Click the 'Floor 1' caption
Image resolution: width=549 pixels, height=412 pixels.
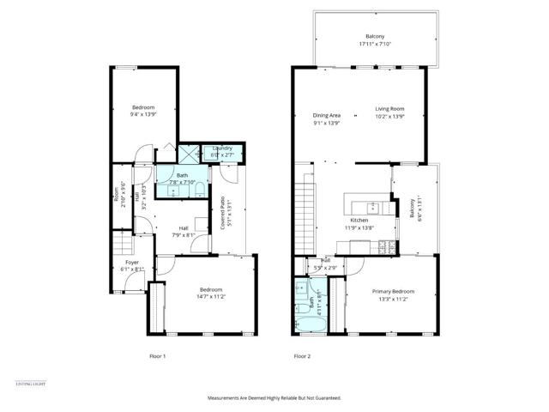pos(157,355)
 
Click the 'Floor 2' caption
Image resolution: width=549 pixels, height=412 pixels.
pos(302,355)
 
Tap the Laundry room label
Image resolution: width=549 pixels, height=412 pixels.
pos(222,148)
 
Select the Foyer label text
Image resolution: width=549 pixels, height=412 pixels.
pos(132,262)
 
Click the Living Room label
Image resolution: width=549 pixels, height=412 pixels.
pos(389,109)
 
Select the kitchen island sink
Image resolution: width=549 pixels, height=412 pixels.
pos(373,207)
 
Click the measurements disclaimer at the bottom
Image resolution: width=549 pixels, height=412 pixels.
pos(274,398)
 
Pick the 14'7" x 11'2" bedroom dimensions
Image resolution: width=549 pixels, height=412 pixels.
pos(212,296)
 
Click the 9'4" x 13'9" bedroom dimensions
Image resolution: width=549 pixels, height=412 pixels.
pos(142,113)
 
